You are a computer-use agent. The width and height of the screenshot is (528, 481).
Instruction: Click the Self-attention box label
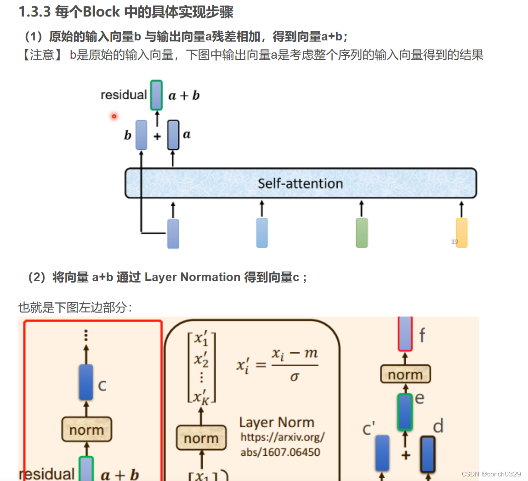[x=300, y=183]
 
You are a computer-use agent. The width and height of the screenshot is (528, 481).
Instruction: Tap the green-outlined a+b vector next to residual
[x=156, y=95]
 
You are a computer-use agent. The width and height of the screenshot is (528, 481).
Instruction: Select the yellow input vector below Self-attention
[x=461, y=233]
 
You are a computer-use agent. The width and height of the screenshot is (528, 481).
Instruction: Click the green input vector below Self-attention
[x=362, y=233]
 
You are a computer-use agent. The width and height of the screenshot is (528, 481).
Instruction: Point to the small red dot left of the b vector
[x=114, y=116]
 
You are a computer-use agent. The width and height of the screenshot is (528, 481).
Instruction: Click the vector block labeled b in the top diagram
[x=142, y=135]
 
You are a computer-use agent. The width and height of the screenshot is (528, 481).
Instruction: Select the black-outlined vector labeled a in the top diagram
[x=173, y=135]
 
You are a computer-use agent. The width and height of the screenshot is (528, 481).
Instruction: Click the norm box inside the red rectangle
[x=87, y=430]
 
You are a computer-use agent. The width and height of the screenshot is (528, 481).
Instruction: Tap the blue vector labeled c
[x=86, y=382]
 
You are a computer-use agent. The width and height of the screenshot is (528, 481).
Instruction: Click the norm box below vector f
[x=405, y=374]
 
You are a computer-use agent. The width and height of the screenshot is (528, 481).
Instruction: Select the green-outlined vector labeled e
[x=405, y=412]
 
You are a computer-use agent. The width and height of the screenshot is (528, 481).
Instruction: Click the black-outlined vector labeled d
[x=427, y=454]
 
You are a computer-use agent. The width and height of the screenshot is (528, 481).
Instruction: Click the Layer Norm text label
[x=277, y=422]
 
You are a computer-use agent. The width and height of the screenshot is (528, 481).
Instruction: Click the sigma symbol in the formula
[x=295, y=377]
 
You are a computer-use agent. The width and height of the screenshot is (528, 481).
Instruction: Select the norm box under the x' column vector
[x=201, y=438]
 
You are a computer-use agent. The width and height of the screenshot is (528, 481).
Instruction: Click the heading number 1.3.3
[x=34, y=11]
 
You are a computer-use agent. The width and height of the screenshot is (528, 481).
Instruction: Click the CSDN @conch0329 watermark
[x=491, y=474]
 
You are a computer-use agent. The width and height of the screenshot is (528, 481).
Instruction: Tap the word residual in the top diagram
[x=124, y=95]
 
